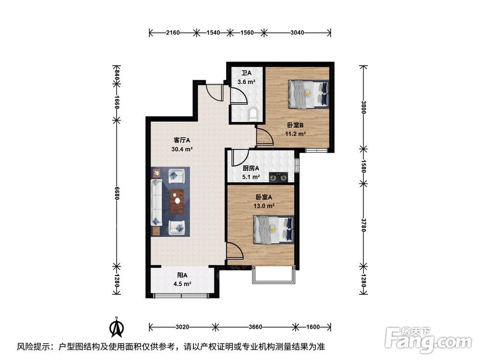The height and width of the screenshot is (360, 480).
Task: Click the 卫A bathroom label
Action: pos(246,73)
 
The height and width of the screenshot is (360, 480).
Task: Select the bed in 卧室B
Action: pos(309,94)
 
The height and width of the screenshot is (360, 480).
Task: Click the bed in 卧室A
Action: pos(274,229)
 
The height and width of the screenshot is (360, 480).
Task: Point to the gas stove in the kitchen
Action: pos(278,177)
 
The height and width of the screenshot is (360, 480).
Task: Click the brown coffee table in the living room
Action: pos(177,202)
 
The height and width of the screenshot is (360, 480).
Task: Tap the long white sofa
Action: pos(156,203)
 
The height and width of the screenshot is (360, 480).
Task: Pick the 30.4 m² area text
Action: pos(182,149)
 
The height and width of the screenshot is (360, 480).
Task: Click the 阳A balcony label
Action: pos(182,275)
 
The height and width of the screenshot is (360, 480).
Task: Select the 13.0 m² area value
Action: pos(264,206)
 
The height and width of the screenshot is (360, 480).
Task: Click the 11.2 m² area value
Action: pos(296,134)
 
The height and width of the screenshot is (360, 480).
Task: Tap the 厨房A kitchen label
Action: pos(251,168)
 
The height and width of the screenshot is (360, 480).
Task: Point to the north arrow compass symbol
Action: pos(117,327)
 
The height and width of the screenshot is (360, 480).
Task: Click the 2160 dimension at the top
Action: pos(173,33)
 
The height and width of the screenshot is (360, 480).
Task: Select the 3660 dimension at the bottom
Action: pos(255,327)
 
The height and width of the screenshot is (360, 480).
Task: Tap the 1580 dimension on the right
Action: pos(363,166)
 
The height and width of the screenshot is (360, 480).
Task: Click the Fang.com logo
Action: pos(428,340)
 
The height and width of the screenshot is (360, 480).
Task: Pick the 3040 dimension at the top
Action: pos(297,33)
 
